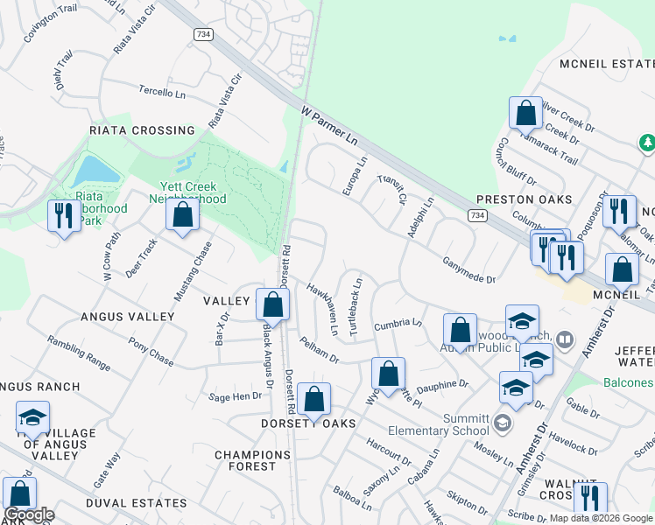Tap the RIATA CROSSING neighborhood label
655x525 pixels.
pyautogui.click(x=142, y=130)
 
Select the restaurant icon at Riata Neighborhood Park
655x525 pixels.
pyautogui.click(x=63, y=215)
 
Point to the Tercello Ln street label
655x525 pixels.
pyautogui.click(x=163, y=91)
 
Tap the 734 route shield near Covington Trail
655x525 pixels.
pyautogui.click(x=203, y=33)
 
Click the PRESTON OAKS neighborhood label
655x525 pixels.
pyautogui.click(x=524, y=199)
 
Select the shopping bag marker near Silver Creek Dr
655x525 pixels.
pyautogui.click(x=525, y=114)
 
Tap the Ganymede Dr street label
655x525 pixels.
pyautogui.click(x=469, y=269)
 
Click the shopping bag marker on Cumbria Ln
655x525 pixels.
pyautogui.click(x=460, y=331)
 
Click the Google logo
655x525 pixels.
pyautogui.click(x=29, y=514)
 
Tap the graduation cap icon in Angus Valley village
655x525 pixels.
pyautogui.click(x=33, y=418)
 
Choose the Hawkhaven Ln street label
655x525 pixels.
pyautogui.click(x=322, y=309)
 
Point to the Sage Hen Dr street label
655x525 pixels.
pyautogui.click(x=235, y=396)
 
